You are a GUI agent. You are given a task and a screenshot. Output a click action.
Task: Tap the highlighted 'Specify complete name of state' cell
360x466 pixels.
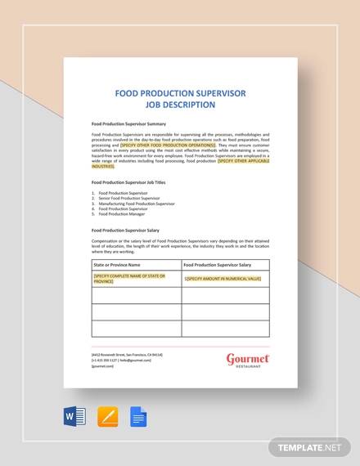click(130, 280)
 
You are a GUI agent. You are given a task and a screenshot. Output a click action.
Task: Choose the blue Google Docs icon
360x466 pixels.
click(138, 419)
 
